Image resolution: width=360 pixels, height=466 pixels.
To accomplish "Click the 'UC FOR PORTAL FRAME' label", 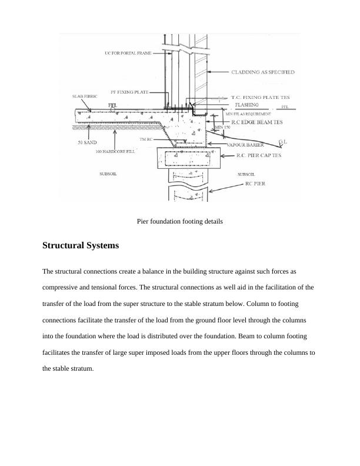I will pos(128,53).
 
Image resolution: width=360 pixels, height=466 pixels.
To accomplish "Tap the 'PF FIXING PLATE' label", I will pos(129,92).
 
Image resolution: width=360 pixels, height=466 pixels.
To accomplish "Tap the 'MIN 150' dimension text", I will pos(223,127).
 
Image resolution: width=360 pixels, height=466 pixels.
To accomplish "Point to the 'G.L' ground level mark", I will pos(282,142).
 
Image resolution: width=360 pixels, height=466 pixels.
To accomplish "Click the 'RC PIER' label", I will pos(255,184).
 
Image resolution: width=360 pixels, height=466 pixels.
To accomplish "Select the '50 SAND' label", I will pos(88,142).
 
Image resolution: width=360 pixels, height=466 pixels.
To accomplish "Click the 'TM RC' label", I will pos(146,139).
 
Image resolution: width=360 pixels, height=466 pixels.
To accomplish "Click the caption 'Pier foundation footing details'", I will pos(179,221).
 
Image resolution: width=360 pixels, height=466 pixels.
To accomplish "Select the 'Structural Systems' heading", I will pos(81,245).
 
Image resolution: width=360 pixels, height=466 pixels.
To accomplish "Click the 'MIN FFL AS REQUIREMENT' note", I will pos(248,114).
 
